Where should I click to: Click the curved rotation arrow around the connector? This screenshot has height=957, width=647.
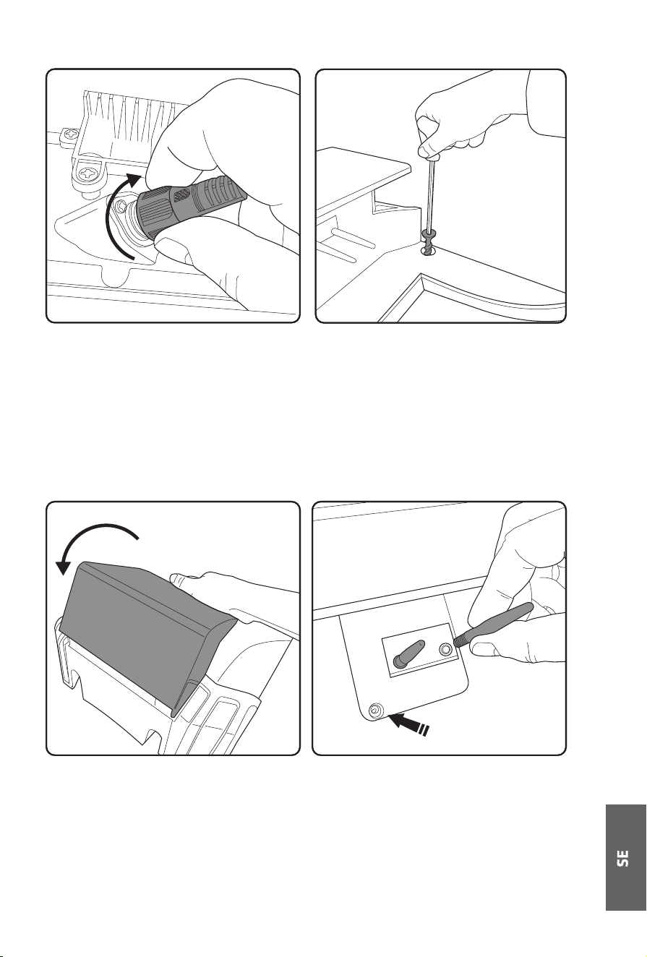(111, 214)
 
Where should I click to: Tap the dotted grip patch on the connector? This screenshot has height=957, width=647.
(181, 194)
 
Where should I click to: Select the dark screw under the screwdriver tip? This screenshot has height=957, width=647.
(427, 242)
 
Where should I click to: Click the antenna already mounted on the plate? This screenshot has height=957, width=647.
(409, 653)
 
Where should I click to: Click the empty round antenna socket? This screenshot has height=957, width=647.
(445, 649)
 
